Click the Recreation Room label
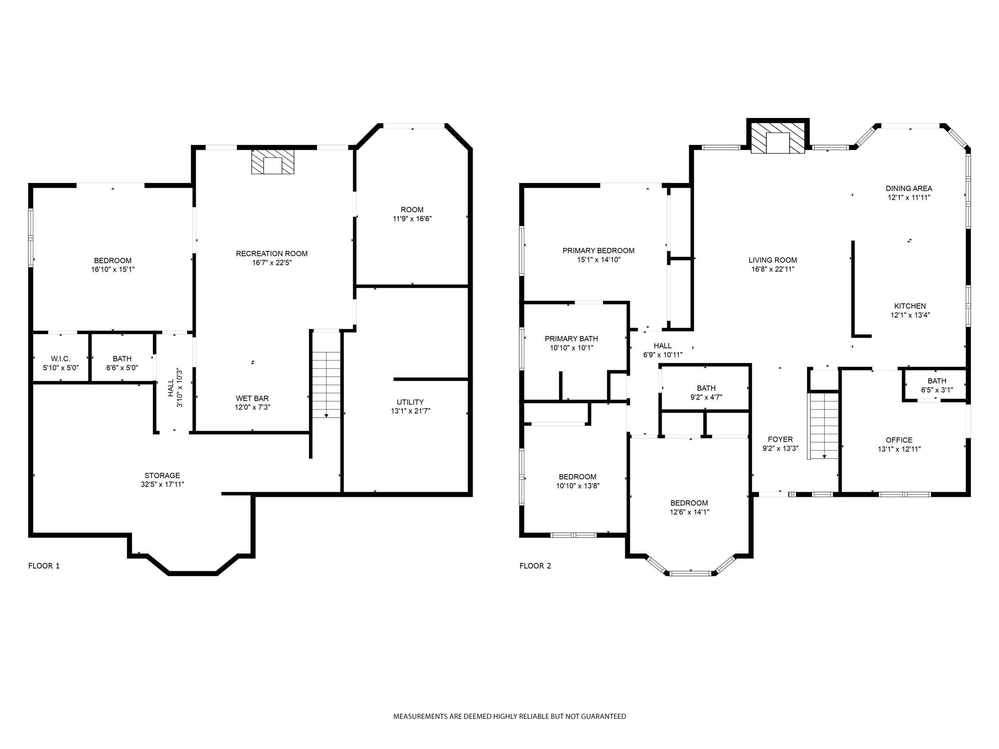[271, 254]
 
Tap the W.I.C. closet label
[61, 359]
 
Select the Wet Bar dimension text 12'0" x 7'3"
[252, 407]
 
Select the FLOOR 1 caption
[44, 566]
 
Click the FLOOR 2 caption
[535, 566]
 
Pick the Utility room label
[410, 402]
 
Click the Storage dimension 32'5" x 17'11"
[162, 484]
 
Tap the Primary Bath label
[571, 339]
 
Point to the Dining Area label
[909, 188]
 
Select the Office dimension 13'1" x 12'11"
[899, 449]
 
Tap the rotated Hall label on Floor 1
[171, 388]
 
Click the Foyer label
[780, 439]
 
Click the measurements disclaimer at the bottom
[509, 716]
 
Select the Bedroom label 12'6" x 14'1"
[689, 503]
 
